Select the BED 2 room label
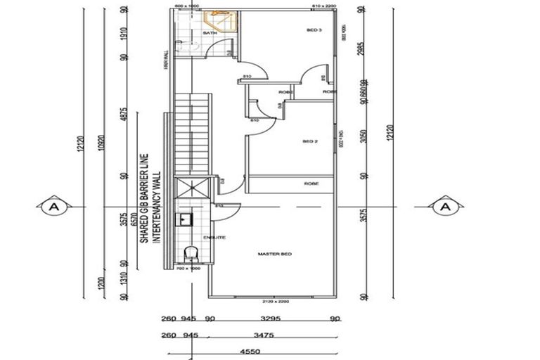(310, 141)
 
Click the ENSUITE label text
(214, 238)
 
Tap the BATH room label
(210, 33)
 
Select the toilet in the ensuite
(190, 254)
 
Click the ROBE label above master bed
(311, 183)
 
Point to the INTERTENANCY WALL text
(157, 207)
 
